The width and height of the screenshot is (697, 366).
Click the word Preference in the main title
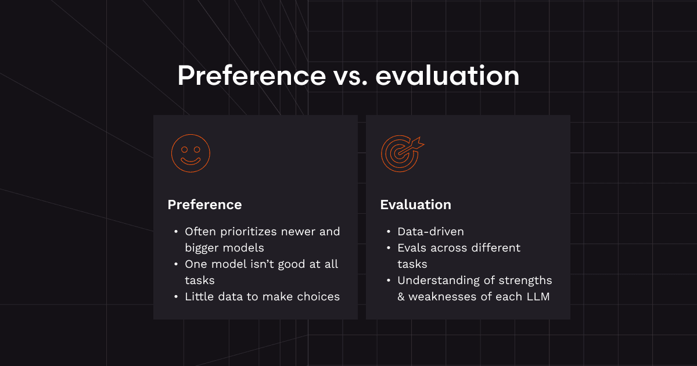(252, 76)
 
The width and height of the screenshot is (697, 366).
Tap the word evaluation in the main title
(447, 76)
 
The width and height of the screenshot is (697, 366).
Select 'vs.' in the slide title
(351, 78)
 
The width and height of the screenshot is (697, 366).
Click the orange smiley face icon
(191, 153)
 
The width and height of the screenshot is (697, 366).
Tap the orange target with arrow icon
(403, 154)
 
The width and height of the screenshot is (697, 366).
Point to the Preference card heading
(204, 204)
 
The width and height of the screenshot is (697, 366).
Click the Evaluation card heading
(415, 204)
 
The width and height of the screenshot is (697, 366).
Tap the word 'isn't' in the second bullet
(263, 264)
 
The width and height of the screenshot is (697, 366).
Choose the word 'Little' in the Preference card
(199, 297)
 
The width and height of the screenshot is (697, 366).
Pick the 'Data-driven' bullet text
(430, 232)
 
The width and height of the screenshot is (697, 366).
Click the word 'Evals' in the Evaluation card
(412, 247)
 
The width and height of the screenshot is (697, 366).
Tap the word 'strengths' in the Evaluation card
(525, 281)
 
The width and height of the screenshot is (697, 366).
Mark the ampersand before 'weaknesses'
(401, 297)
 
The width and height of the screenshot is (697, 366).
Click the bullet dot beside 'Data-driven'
(389, 232)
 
